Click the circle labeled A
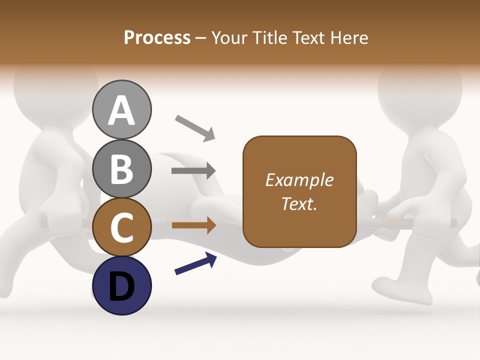click(122, 109)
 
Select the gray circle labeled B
click(122, 168)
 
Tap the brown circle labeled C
click(122, 227)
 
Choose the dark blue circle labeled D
click(122, 285)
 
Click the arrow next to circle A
click(195, 128)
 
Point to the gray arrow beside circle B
click(193, 171)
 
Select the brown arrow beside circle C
click(193, 225)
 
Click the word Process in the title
click(157, 38)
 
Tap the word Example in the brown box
click(299, 180)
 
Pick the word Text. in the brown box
click(299, 204)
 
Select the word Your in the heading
click(229, 38)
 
